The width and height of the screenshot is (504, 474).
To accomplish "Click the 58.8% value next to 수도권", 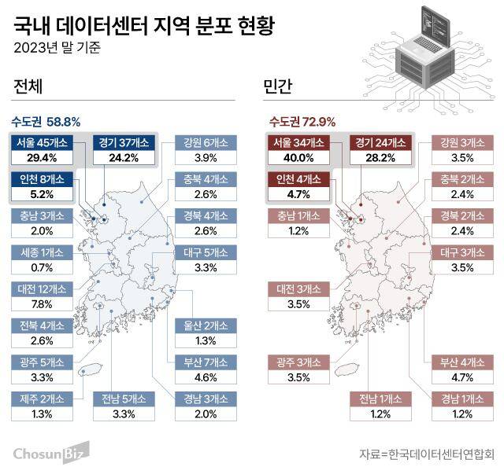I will (x=64, y=122).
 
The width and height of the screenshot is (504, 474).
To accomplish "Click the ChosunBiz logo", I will (x=50, y=453).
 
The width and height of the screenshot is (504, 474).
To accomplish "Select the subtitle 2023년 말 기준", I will (x=57, y=47).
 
